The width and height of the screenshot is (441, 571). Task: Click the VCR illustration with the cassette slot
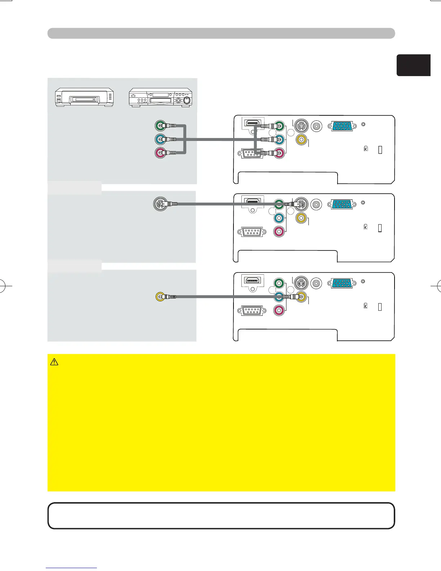[x=84, y=98]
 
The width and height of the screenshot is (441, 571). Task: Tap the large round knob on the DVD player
[x=187, y=101]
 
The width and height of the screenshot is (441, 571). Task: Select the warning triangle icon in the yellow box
[x=54, y=362]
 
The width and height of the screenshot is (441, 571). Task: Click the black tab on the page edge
[x=414, y=65]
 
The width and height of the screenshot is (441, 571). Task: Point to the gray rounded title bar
[x=221, y=33]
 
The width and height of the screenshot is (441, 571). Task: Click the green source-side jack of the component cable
[x=160, y=126]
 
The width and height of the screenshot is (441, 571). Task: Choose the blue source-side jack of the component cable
[x=160, y=139]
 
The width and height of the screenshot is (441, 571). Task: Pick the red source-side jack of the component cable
[x=160, y=152]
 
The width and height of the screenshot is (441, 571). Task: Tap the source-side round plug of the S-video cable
[x=160, y=204]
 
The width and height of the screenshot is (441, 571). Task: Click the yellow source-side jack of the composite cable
[x=160, y=297]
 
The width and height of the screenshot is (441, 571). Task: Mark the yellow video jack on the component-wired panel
[x=301, y=139]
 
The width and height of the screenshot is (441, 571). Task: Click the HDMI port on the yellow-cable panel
[x=253, y=280]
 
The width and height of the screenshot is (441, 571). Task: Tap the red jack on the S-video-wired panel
[x=279, y=231]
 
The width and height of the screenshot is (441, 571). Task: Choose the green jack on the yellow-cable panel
[x=279, y=283]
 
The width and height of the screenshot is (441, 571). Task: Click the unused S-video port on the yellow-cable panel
[x=301, y=283]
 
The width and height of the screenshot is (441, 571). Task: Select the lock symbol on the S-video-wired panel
[x=366, y=227]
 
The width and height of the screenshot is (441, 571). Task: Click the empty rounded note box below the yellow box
[x=221, y=516]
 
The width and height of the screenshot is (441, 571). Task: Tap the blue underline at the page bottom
[x=71, y=568]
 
